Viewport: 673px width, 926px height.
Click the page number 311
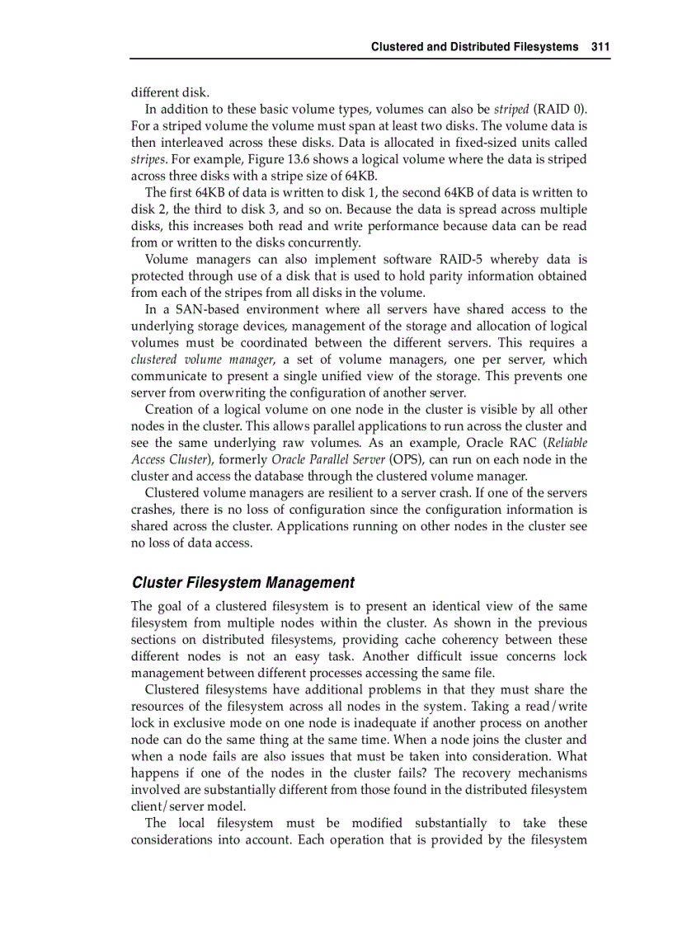pyautogui.click(x=600, y=47)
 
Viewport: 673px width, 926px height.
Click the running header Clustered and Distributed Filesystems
pyautogui.click(x=474, y=47)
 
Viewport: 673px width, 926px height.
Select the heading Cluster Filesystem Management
pyautogui.click(x=242, y=583)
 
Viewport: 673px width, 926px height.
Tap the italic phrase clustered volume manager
pyautogui.click(x=202, y=360)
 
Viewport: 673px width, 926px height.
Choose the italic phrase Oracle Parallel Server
pyautogui.click(x=327, y=459)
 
